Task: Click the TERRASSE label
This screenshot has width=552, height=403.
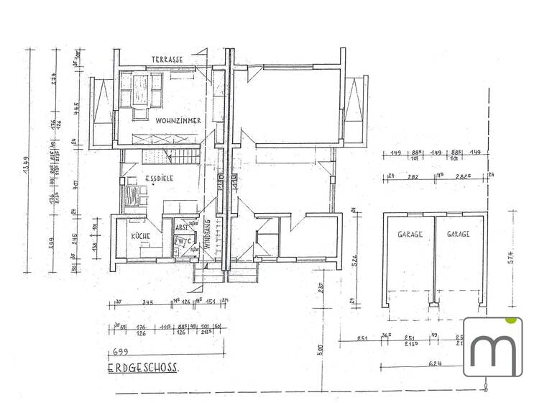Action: pos(167,59)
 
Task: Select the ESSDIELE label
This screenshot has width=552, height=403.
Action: pos(162,178)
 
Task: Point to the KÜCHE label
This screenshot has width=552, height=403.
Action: pos(139,235)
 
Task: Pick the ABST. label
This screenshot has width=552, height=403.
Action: pos(181,227)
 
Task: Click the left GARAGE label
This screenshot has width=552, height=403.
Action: pos(409,235)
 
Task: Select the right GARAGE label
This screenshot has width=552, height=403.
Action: pos(458,235)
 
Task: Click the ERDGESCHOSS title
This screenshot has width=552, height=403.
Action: pos(143,368)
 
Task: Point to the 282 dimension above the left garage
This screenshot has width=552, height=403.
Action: pos(413,175)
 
